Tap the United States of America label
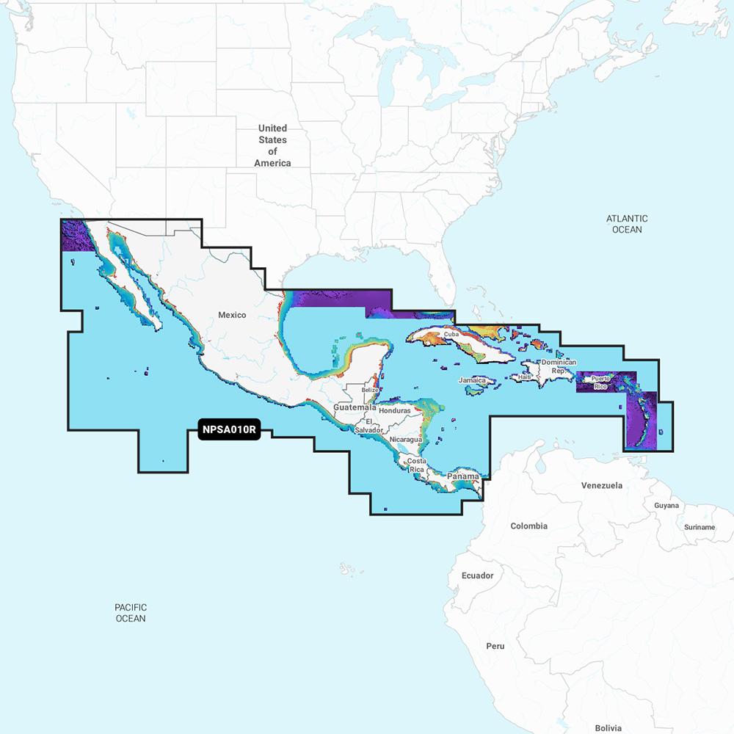pyautogui.click(x=272, y=145)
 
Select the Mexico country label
pyautogui.click(x=232, y=315)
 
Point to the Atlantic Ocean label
pyautogui.click(x=627, y=224)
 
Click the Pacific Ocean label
pyautogui.click(x=131, y=613)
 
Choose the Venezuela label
pyautogui.click(x=601, y=486)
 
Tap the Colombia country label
pyautogui.click(x=528, y=526)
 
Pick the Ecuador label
pyautogui.click(x=477, y=575)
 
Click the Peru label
pyautogui.click(x=495, y=647)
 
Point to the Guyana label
pyautogui.click(x=666, y=506)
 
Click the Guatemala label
pyautogui.click(x=355, y=407)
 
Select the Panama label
pyautogui.click(x=463, y=476)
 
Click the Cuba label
pyautogui.click(x=451, y=335)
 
